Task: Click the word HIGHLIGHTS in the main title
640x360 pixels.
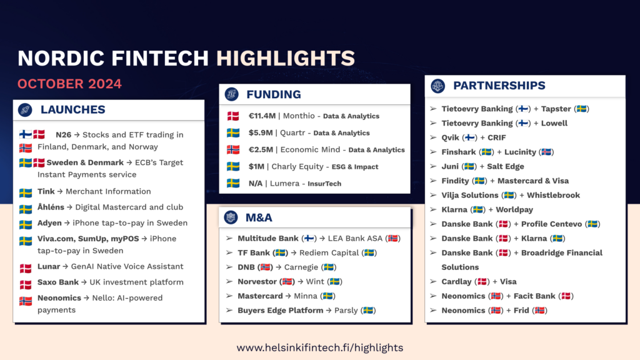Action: click(x=285, y=58)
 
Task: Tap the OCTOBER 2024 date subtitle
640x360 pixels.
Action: click(x=69, y=84)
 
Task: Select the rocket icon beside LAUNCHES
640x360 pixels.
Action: click(x=25, y=109)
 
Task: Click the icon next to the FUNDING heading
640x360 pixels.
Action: click(x=231, y=94)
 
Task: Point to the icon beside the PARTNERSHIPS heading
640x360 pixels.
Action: click(x=438, y=86)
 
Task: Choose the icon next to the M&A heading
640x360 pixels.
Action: click(x=231, y=217)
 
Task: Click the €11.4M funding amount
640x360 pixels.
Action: click(x=262, y=116)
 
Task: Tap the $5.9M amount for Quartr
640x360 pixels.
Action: click(x=261, y=132)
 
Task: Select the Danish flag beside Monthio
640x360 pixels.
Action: click(x=233, y=116)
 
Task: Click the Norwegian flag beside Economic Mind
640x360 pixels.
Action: click(x=233, y=150)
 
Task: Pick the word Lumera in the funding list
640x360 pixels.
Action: click(x=284, y=183)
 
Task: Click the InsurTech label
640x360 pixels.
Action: click(x=324, y=184)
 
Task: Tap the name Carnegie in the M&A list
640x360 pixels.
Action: click(x=301, y=267)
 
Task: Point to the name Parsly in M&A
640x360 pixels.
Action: click(x=346, y=311)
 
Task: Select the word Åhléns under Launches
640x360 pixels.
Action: click(x=51, y=207)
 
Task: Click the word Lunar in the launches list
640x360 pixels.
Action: click(x=49, y=266)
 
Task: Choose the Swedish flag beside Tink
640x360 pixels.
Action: click(x=25, y=192)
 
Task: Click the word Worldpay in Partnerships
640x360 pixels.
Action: click(x=514, y=210)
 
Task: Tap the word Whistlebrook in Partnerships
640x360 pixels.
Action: click(x=553, y=195)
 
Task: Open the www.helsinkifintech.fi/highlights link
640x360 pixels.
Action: click(x=320, y=347)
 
